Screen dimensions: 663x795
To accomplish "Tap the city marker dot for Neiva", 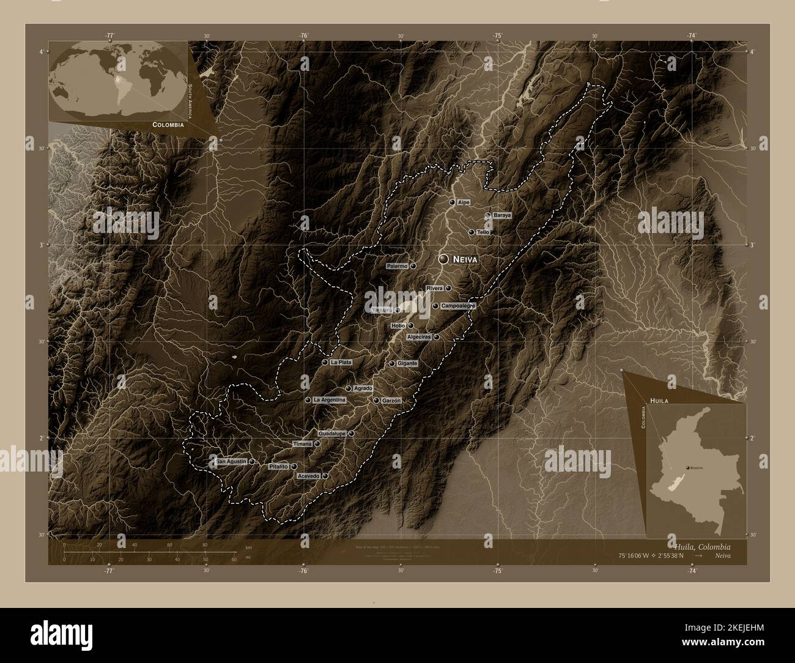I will [x=444, y=259].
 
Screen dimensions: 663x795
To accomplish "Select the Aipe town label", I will [x=463, y=202].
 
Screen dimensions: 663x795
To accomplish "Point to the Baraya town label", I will [x=501, y=216].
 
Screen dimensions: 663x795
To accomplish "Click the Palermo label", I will [x=397, y=267].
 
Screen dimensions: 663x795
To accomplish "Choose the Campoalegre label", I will [x=458, y=306].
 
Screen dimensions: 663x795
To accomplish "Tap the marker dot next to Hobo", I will [x=411, y=326].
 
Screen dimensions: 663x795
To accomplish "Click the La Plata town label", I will [x=341, y=363].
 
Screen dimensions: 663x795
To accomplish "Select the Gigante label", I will [x=407, y=363].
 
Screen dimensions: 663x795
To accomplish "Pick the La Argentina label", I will [x=330, y=400].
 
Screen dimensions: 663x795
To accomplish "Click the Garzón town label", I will [x=391, y=401].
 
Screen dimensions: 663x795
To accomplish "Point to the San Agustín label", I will [x=231, y=462].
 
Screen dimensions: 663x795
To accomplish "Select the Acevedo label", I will [x=308, y=476].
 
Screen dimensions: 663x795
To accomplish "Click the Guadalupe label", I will [x=332, y=434].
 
